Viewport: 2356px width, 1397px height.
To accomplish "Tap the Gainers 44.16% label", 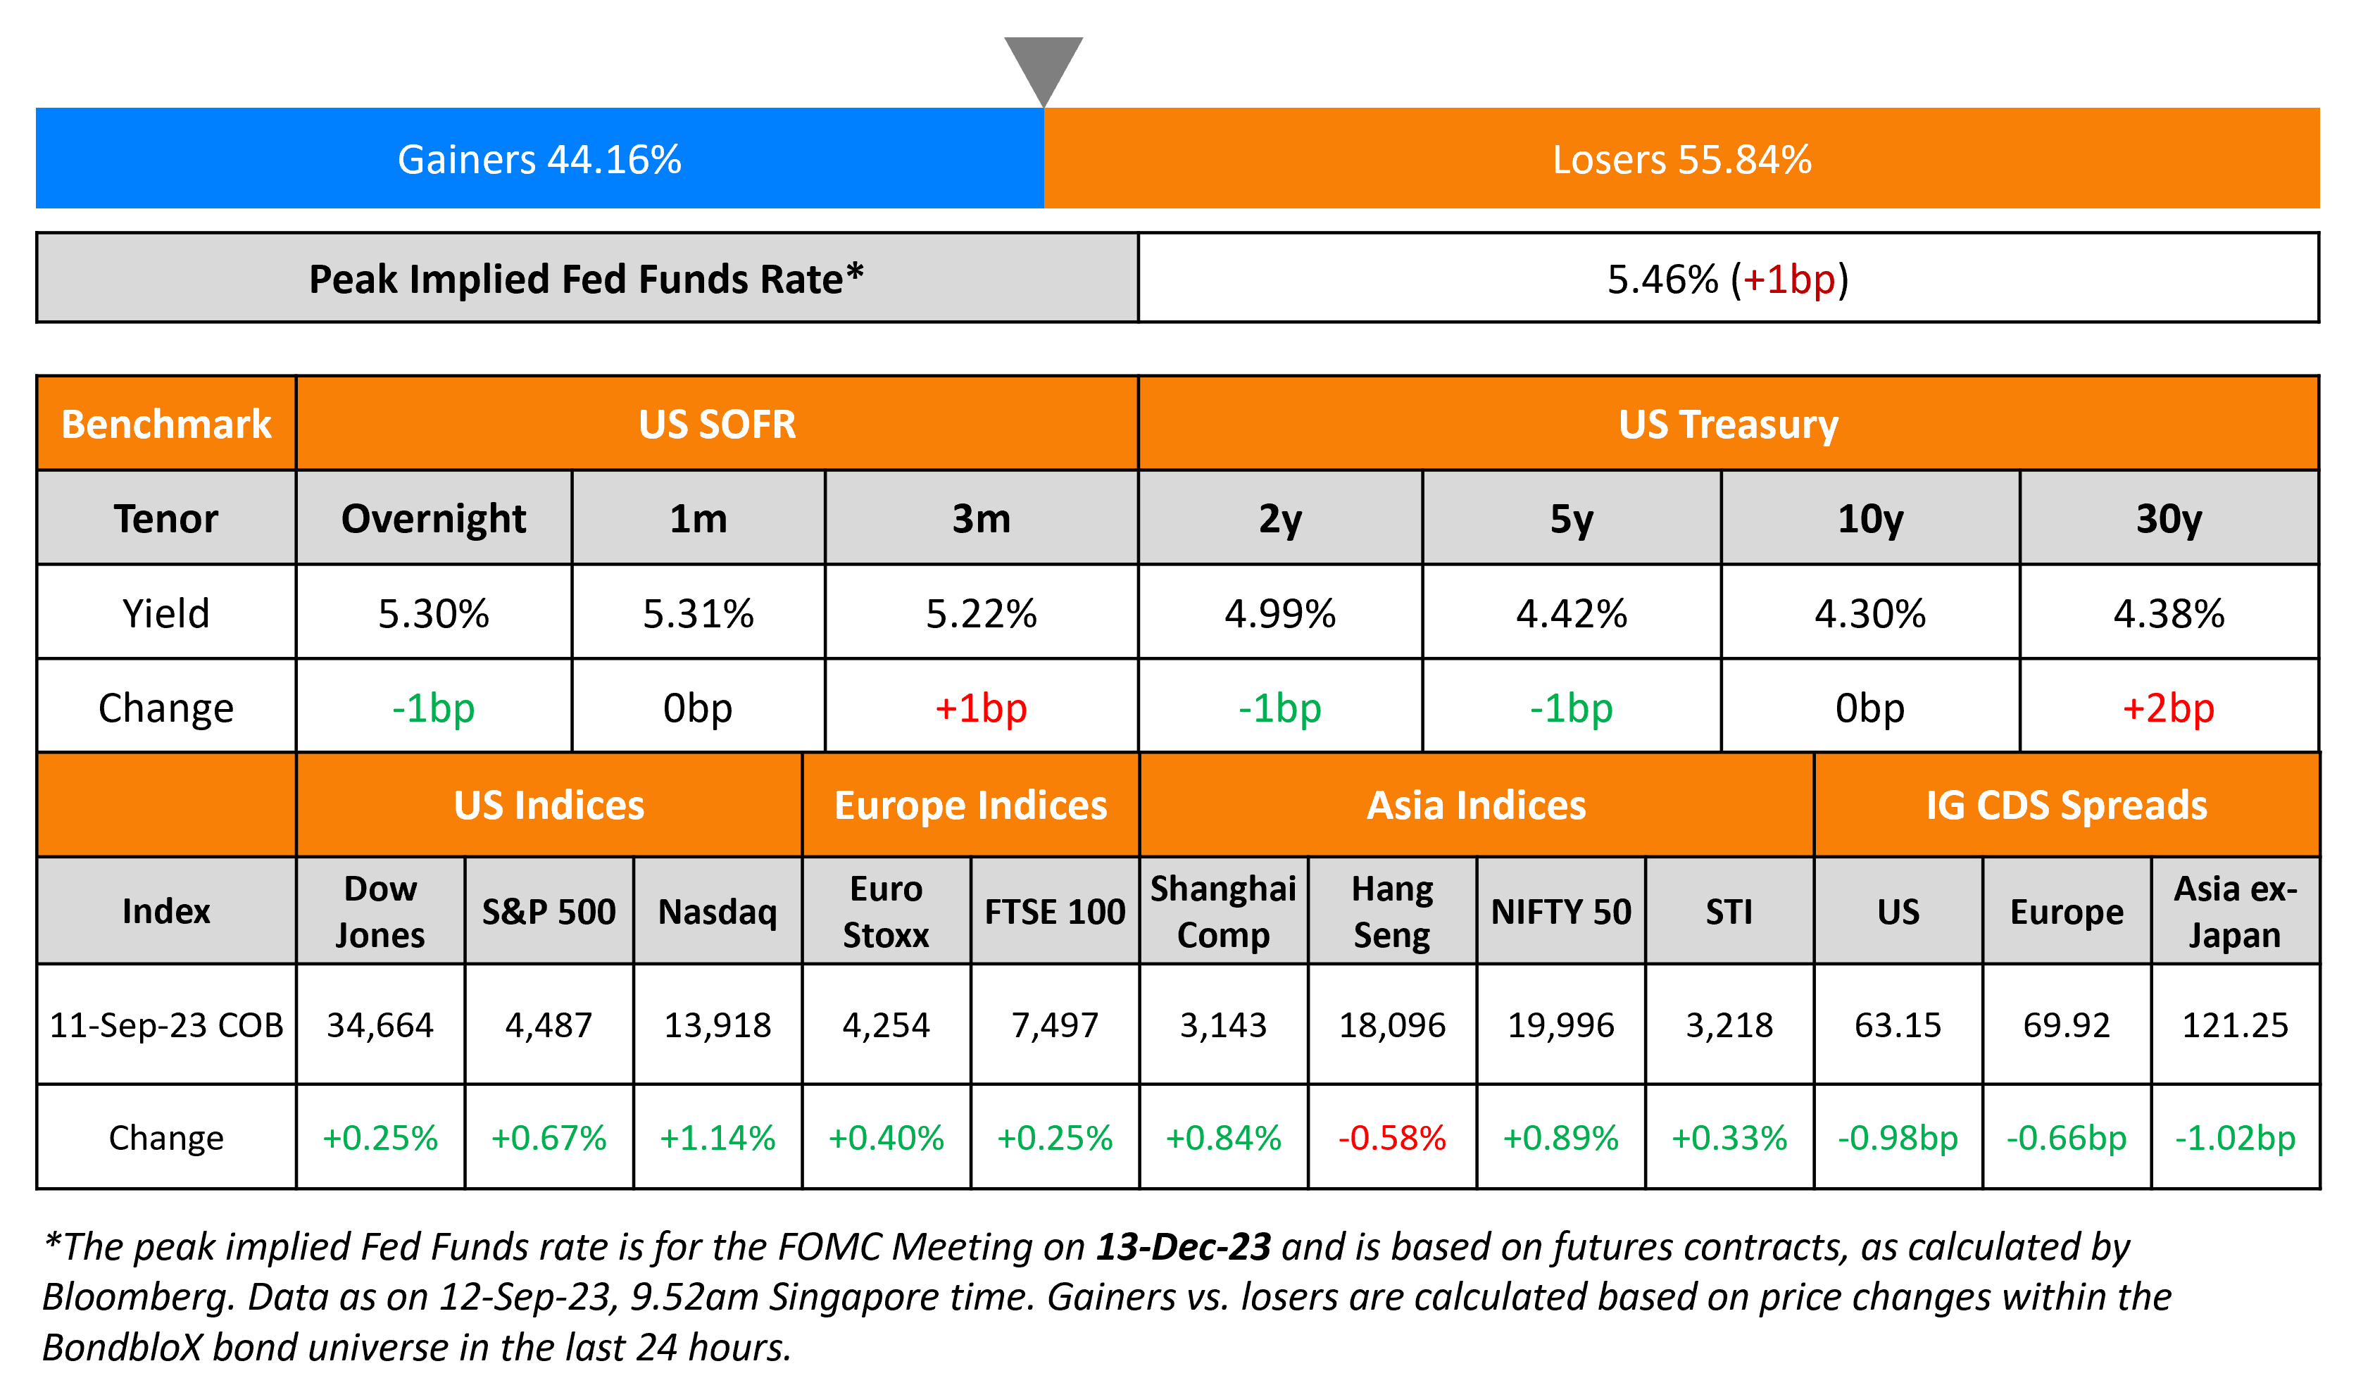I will (x=539, y=160).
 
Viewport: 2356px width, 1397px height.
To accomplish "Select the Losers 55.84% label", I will (x=1681, y=160).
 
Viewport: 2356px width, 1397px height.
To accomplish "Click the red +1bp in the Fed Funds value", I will (x=1788, y=280).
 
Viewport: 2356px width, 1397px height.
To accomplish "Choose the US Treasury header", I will (x=1727, y=425).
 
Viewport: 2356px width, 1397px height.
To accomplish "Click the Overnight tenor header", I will (x=433, y=519).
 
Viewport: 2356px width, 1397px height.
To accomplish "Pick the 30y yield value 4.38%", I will (x=2168, y=614).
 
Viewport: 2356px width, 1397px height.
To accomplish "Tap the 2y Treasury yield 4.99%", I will (x=1279, y=614).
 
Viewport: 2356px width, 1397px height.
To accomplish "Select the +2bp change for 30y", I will (x=2168, y=708).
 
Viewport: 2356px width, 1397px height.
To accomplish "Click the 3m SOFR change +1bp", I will (x=980, y=708).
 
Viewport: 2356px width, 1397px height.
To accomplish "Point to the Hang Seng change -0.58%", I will (x=1391, y=1138).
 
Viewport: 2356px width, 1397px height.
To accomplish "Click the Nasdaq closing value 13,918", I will (x=718, y=1025).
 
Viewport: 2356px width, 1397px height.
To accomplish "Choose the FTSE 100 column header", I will (x=1054, y=911).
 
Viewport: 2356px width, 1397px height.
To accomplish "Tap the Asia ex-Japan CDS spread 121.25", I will (x=2235, y=1025).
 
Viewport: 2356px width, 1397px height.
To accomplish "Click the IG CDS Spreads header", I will (x=2066, y=806).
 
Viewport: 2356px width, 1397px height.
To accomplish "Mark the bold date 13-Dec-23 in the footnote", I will (x=1183, y=1247).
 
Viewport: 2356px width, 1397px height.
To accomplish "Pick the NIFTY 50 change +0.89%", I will (x=1560, y=1138).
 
